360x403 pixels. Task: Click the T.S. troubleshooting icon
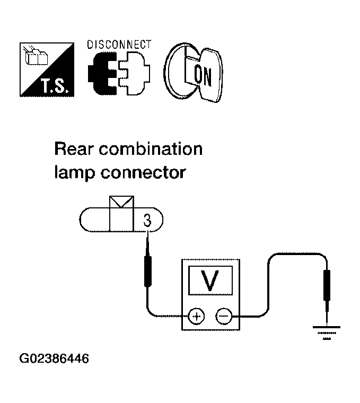[47, 69]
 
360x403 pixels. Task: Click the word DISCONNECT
[119, 45]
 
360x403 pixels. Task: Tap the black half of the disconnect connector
[102, 74]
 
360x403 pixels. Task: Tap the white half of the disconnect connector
[134, 74]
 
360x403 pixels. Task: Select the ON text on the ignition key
[203, 76]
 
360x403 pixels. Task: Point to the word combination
[151, 149]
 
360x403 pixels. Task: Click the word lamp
[74, 173]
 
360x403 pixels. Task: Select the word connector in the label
[143, 173]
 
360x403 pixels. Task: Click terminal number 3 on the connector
[147, 221]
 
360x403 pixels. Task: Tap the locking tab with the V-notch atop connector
[121, 202]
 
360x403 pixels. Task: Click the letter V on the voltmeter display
[210, 281]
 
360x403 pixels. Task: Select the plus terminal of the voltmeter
[197, 316]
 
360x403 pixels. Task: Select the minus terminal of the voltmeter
[224, 316]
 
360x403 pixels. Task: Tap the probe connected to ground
[327, 295]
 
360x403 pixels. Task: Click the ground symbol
[327, 333]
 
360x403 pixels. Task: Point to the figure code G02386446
[54, 359]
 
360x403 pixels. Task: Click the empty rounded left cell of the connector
[94, 220]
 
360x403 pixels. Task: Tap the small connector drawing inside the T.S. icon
[36, 56]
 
